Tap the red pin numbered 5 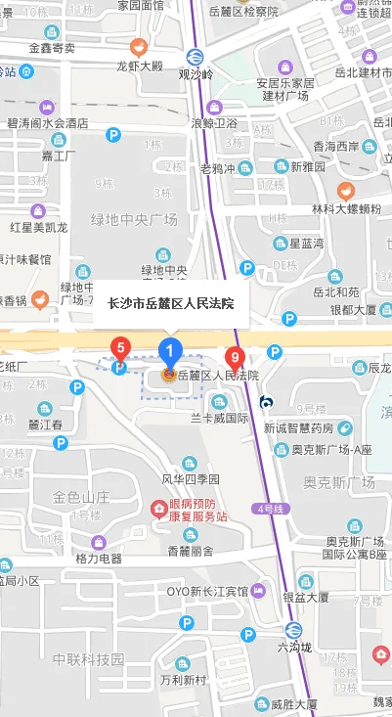[x=120, y=346]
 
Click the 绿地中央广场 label [x=134, y=220]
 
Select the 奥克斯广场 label [x=338, y=482]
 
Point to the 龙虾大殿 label [x=139, y=67]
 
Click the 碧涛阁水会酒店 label [x=47, y=124]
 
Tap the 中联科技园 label [x=88, y=657]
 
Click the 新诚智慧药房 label [x=298, y=428]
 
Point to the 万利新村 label [x=184, y=680]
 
